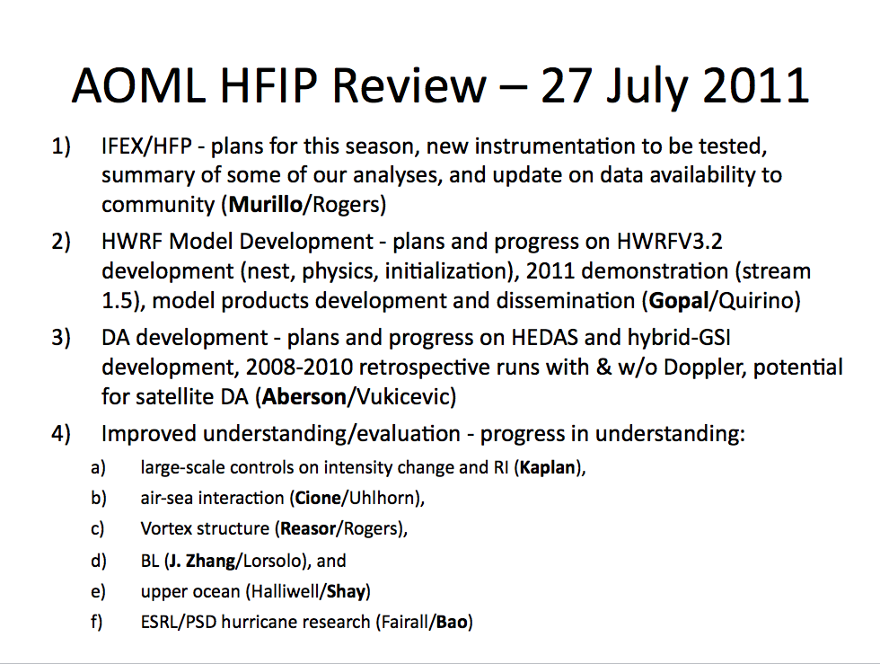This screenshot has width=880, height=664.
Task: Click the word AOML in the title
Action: point(138,86)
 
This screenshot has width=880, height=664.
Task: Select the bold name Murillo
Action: point(266,205)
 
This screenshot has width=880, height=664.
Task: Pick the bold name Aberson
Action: point(304,397)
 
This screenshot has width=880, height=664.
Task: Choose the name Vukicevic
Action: point(402,397)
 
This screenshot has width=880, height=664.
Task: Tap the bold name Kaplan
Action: point(548,468)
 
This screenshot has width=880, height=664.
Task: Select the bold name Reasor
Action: point(308,528)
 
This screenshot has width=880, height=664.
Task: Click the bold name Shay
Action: point(347,591)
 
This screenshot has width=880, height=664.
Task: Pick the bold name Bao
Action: point(452,622)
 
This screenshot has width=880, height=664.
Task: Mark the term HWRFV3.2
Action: point(669,242)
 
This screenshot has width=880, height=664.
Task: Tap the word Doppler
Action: point(704,368)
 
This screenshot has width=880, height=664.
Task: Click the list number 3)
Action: point(61,338)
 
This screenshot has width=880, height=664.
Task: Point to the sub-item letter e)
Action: point(98,591)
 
